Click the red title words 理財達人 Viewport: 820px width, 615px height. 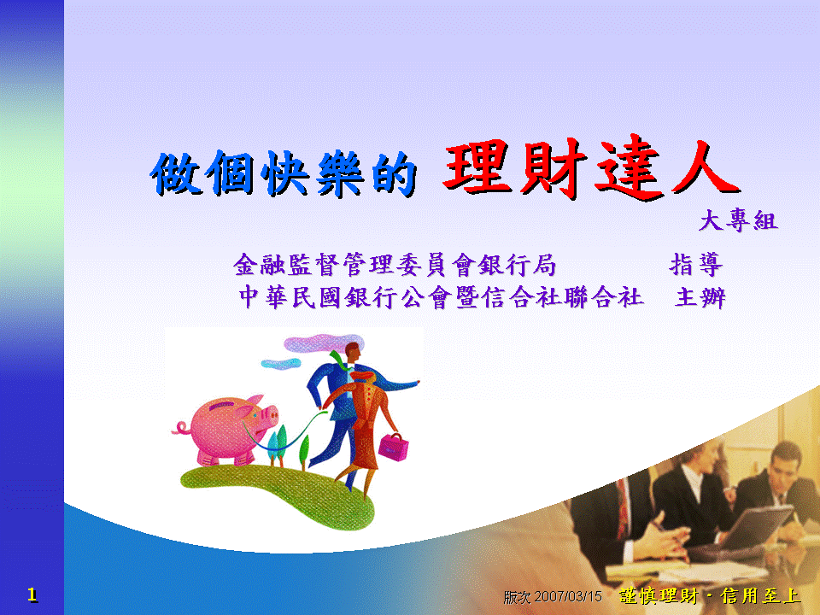[591, 167]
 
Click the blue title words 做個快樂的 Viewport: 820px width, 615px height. [284, 173]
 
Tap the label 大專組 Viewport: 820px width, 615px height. [738, 220]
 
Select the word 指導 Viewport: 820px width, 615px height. [696, 265]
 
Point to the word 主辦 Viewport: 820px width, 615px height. [700, 297]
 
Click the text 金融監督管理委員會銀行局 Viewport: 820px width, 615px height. [395, 265]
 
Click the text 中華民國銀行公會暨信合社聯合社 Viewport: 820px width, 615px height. [441, 297]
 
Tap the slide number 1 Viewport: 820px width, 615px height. [32, 594]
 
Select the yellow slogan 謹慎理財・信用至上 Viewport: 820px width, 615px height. [710, 595]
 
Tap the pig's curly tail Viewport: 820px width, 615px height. [181, 428]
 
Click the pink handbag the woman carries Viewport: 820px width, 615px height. [394, 447]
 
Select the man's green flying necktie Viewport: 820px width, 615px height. [339, 360]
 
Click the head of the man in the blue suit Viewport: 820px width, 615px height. [353, 352]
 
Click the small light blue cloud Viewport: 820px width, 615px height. [281, 364]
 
